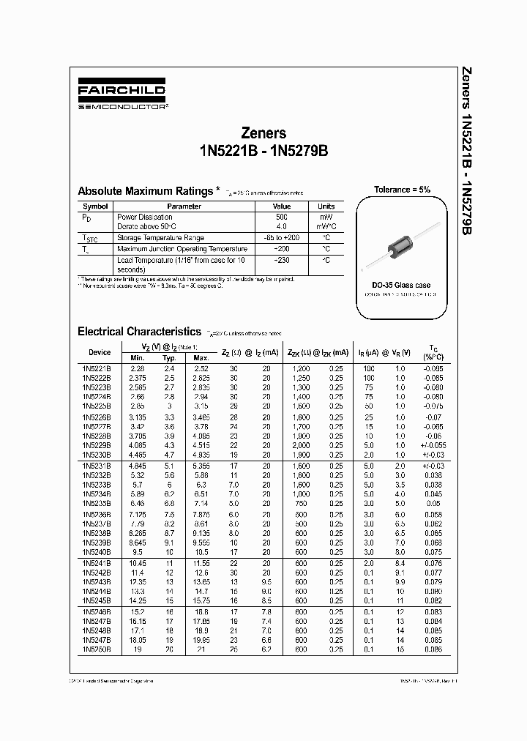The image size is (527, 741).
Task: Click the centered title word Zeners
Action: tap(263, 133)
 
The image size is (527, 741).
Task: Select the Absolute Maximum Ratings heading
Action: tap(145, 191)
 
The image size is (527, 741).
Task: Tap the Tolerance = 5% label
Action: tap(402, 190)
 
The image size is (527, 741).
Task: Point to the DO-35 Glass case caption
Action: tap(402, 285)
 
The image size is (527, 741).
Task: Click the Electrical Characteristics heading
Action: tap(139, 332)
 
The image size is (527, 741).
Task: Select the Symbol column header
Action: tap(95, 206)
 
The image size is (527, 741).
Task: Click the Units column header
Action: tap(326, 206)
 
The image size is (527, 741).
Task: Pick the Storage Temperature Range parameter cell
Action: tap(160, 238)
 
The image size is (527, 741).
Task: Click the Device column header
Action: tap(100, 352)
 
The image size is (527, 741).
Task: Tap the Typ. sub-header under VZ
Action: tap(170, 358)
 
